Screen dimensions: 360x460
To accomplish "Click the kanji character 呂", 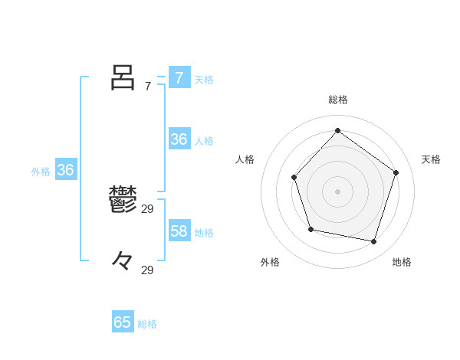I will pyautogui.click(x=123, y=77).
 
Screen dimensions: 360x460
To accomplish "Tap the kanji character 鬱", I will pyautogui.click(x=123, y=200).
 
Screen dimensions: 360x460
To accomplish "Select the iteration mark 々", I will pyautogui.click(x=123, y=260).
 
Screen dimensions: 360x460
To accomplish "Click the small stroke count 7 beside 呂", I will pyautogui.click(x=148, y=87).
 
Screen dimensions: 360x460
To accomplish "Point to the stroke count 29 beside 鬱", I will pyautogui.click(x=148, y=208).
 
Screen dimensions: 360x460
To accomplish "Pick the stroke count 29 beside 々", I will pyautogui.click(x=148, y=270).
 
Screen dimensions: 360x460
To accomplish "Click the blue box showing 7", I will pyautogui.click(x=179, y=78).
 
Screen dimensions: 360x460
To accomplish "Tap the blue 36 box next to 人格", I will pyautogui.click(x=179, y=139).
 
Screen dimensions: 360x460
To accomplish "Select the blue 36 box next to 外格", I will pyautogui.click(x=65, y=170).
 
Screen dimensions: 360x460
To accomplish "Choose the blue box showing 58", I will pyautogui.click(x=179, y=231).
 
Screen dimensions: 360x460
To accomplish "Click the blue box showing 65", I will pyautogui.click(x=123, y=322).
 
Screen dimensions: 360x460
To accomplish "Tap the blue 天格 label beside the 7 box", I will pyautogui.click(x=204, y=79).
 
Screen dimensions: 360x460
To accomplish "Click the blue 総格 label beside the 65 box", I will pyautogui.click(x=147, y=324).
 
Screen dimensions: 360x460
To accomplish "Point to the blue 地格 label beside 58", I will pyautogui.click(x=204, y=232).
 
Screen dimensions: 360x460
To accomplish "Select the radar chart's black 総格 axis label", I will pyautogui.click(x=338, y=100).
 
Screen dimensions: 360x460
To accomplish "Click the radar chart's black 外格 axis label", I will pyautogui.click(x=270, y=262).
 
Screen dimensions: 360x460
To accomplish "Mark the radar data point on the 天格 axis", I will pyautogui.click(x=396, y=172).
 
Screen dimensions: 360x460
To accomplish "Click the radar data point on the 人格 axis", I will pyautogui.click(x=294, y=177).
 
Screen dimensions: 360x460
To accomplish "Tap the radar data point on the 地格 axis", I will pyautogui.click(x=374, y=241).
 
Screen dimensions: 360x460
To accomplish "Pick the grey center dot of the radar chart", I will pyautogui.click(x=338, y=191).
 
